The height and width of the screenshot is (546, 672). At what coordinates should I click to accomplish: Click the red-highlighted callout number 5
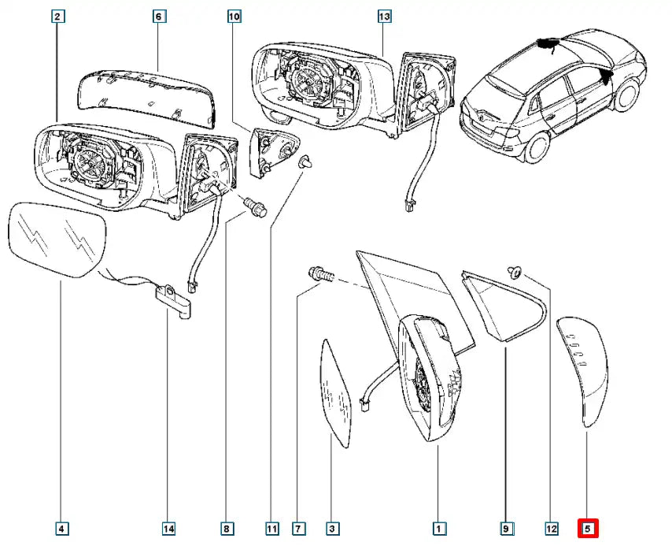588,527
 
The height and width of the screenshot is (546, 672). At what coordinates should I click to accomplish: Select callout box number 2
60,16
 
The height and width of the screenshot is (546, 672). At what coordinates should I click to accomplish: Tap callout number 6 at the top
157,16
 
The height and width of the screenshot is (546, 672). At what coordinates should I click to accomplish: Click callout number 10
234,16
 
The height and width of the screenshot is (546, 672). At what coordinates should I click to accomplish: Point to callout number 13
383,16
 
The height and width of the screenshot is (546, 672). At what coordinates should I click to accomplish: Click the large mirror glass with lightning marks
57,240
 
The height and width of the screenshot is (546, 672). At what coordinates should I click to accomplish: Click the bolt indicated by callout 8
257,207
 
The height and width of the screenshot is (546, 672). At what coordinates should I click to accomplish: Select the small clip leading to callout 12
516,272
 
